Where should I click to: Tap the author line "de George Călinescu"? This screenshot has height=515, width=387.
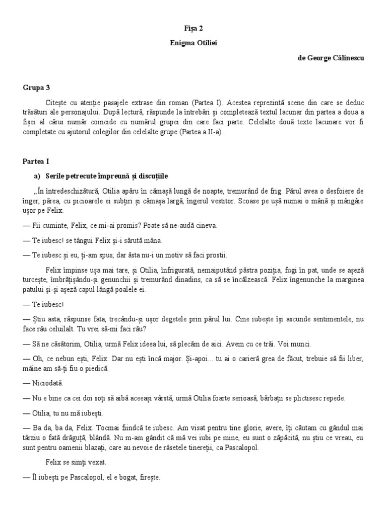click(331, 58)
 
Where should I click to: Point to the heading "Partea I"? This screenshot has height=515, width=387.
click(35, 161)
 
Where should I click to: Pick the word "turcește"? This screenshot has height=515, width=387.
click(35, 278)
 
